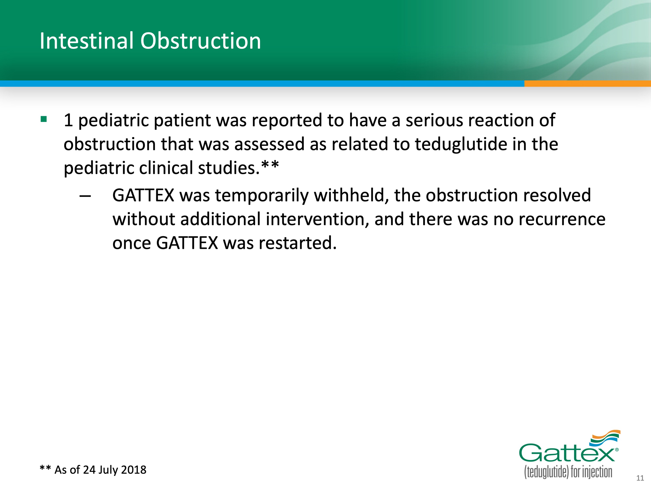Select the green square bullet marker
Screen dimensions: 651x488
44,119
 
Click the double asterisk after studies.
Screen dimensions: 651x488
270,165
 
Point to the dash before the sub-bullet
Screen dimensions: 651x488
85,196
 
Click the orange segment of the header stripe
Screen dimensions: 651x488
587,84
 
